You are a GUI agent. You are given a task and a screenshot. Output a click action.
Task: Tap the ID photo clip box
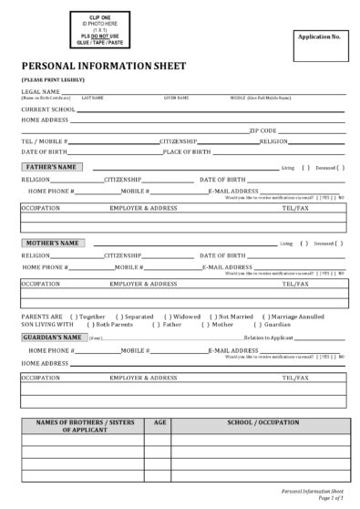(x=93, y=28)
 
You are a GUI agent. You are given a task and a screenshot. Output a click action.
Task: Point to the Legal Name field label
(x=41, y=92)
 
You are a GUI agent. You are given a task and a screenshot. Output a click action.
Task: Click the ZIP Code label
(x=262, y=130)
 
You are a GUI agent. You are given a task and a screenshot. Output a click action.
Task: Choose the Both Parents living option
(x=111, y=324)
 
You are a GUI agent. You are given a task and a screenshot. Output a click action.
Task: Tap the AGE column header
(x=160, y=424)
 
